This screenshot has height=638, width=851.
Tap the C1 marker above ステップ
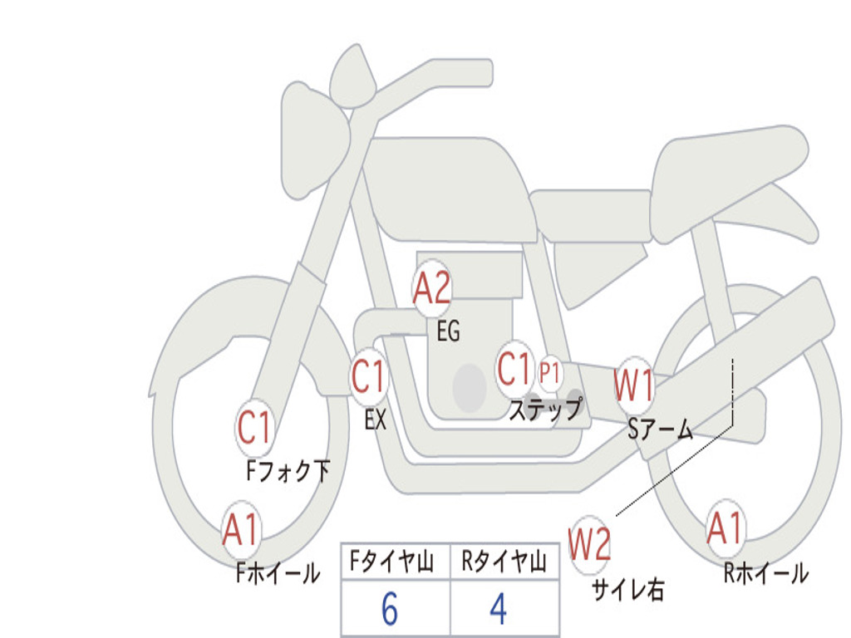514,370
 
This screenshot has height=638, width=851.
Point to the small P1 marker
549,374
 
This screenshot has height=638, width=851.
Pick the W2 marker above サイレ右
590,545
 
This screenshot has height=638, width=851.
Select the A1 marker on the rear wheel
726,529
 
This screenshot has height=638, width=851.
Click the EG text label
448,332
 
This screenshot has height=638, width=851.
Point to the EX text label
376,420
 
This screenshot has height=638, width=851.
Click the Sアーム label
661,429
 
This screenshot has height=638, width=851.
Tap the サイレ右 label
628,590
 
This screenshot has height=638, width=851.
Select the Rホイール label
765,573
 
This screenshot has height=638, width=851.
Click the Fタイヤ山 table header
395,563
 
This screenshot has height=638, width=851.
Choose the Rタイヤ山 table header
504,563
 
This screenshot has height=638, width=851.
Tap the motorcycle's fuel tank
449,187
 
